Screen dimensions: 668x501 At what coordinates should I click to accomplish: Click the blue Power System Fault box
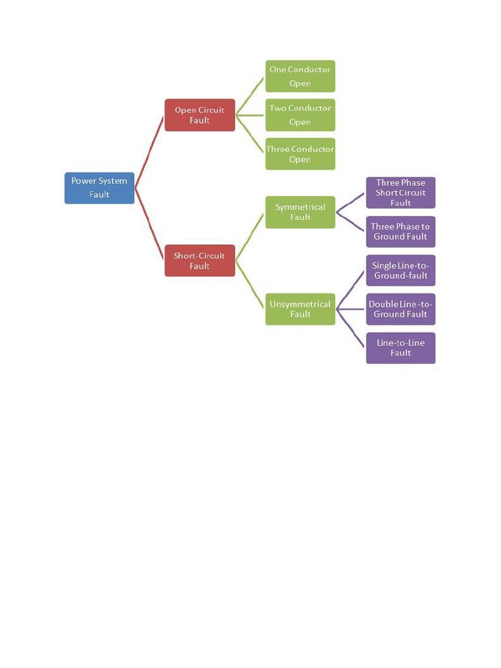(x=99, y=188)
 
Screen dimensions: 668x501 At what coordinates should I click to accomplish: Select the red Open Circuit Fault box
(x=200, y=115)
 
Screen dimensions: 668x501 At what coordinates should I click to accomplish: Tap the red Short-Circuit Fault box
(x=200, y=260)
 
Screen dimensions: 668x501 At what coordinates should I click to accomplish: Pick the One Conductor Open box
(x=300, y=76)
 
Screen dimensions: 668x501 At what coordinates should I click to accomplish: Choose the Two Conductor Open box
(x=300, y=115)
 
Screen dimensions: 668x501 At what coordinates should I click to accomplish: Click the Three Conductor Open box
(x=300, y=154)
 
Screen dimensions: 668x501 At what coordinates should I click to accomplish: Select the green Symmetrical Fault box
(x=300, y=212)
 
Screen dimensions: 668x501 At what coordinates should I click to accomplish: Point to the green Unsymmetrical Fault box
(x=300, y=309)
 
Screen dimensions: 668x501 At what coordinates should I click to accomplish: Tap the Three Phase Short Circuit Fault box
(x=401, y=192)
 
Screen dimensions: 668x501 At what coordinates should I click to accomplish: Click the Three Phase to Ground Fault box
(x=401, y=232)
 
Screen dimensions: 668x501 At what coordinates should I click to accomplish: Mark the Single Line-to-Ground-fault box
(x=401, y=270)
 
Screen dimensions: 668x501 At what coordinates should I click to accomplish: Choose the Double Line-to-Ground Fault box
(x=401, y=309)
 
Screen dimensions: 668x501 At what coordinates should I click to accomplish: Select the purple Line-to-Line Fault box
(x=401, y=348)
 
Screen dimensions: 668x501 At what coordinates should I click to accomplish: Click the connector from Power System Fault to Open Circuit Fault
(x=149, y=151)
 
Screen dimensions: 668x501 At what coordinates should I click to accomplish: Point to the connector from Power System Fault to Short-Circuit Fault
(x=149, y=224)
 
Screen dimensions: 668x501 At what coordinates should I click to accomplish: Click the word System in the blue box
(x=113, y=181)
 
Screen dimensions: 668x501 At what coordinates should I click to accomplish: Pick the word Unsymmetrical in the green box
(x=300, y=304)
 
